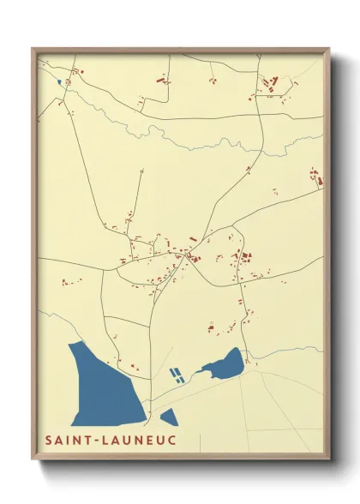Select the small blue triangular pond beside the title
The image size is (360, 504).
coord(168,417)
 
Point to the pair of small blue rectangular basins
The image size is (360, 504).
coord(176,374)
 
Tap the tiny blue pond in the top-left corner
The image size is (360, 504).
coord(59,82)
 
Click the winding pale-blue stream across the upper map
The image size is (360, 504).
coord(197,137)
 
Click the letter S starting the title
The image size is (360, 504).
coord(49,441)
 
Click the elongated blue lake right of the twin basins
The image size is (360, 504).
coord(225,365)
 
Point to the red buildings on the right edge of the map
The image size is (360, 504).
coord(316,179)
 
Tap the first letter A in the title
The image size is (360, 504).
coord(58,441)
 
